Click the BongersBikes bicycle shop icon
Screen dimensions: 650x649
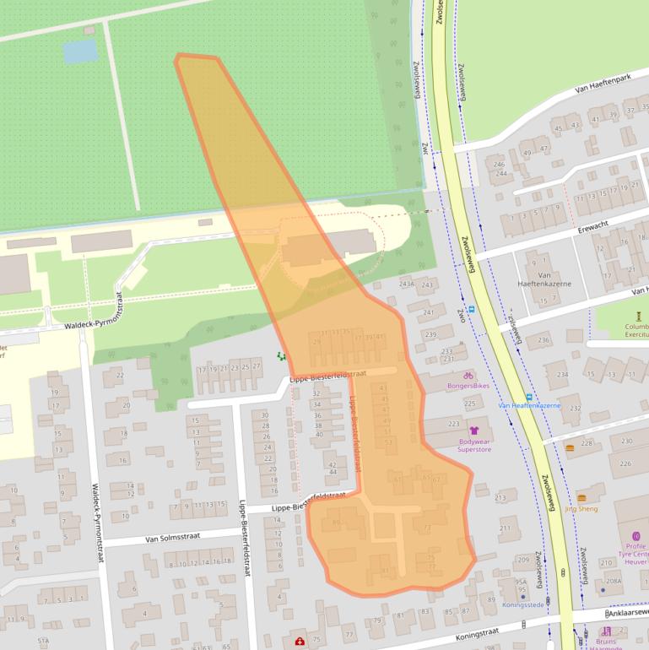[x=468, y=375]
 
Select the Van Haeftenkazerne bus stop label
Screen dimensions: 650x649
[x=529, y=405]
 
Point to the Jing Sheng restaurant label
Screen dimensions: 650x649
[x=581, y=509]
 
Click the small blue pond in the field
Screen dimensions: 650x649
[x=80, y=52]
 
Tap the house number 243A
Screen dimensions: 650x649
[x=407, y=284]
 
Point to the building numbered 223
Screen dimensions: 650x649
[x=454, y=424]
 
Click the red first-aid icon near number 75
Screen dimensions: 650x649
[x=300, y=642]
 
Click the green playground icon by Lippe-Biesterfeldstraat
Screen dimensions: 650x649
[x=281, y=357]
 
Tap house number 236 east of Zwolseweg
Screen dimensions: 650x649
[x=544, y=340]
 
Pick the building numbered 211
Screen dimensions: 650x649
[x=505, y=529]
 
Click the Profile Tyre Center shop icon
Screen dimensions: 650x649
[x=635, y=535]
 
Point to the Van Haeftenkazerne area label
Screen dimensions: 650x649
[x=544, y=279]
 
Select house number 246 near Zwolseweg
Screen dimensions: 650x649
[x=499, y=165]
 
